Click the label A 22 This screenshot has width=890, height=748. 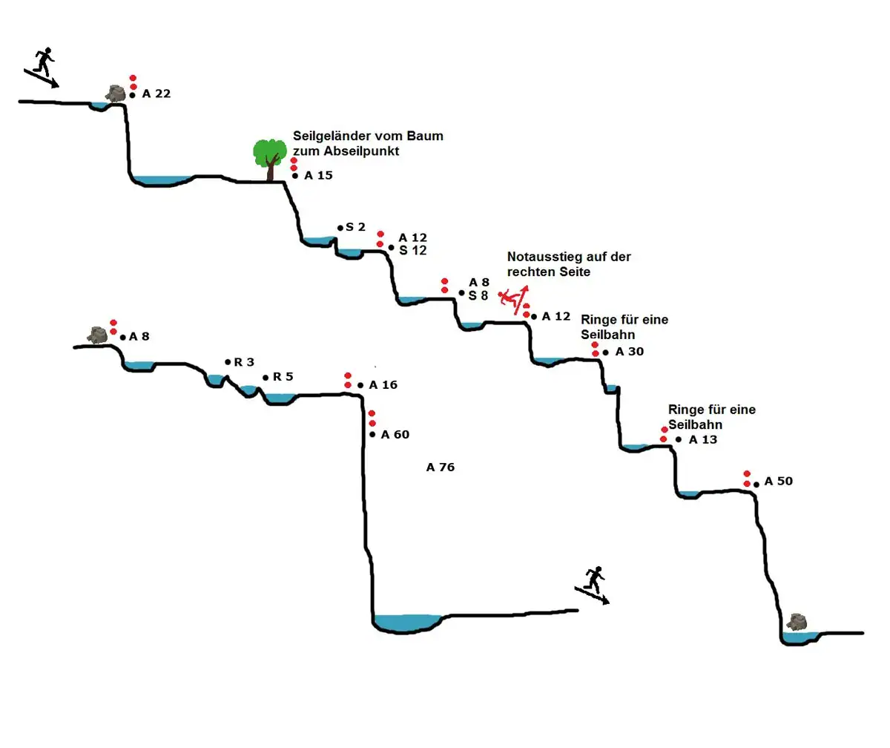(156, 94)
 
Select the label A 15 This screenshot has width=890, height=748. (318, 176)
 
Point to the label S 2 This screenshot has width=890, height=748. (355, 227)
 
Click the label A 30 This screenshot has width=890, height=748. (629, 352)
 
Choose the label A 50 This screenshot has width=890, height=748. (778, 481)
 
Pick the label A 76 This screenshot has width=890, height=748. (441, 467)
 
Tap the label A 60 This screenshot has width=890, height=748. (395, 434)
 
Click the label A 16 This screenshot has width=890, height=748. (383, 384)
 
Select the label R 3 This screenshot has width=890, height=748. (244, 362)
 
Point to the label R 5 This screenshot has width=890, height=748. (283, 377)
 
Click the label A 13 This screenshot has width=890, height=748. (702, 439)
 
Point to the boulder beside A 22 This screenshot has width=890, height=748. (115, 93)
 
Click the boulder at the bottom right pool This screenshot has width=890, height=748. (798, 622)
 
